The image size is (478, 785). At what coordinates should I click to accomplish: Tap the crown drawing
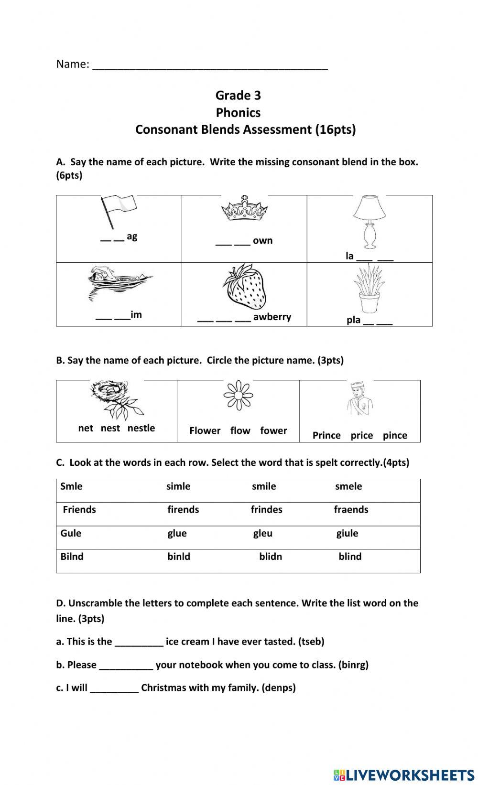coord(244,209)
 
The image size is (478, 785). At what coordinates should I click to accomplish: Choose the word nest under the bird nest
coord(110,428)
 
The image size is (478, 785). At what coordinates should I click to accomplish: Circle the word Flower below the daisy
coord(205,430)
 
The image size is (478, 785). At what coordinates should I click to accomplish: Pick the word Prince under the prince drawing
coord(326,435)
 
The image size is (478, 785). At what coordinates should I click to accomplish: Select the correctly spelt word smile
coord(264,486)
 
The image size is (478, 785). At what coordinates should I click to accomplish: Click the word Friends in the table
coord(79,509)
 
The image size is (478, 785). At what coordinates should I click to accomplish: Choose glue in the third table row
coord(177,533)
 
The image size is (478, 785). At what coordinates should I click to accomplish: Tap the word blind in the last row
coord(350,557)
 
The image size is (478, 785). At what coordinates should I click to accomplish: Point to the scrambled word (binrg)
coord(353,665)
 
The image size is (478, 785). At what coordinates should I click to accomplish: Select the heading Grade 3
coord(238,96)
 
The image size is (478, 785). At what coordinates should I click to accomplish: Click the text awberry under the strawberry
coord(272,317)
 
